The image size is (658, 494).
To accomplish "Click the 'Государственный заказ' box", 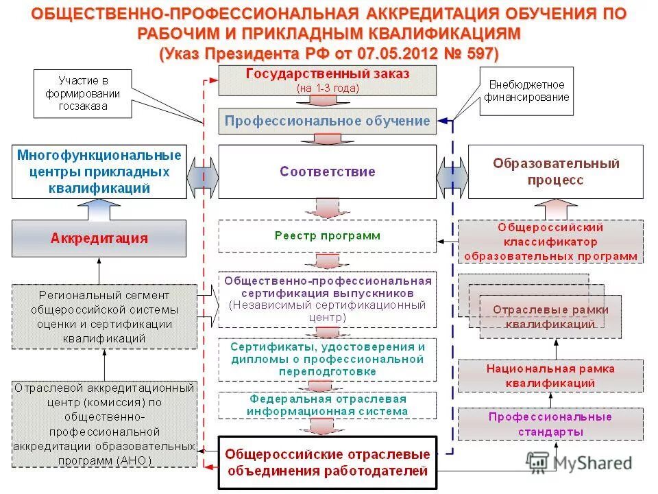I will point(327,80).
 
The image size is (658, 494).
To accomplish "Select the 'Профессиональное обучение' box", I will point(327,121).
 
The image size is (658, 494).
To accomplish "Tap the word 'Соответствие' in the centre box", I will point(327,172).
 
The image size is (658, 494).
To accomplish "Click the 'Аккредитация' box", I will point(99,238).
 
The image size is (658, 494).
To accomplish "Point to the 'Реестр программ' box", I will point(327,236).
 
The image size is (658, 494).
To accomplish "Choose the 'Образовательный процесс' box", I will point(555,172).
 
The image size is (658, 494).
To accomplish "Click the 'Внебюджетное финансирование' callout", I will point(526,91).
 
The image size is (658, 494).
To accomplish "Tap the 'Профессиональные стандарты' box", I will point(550,424).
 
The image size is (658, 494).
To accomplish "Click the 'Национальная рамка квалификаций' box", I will point(550,375).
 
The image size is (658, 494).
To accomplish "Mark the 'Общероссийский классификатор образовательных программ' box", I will point(550,241).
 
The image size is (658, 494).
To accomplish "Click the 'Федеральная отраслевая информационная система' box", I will point(327,405).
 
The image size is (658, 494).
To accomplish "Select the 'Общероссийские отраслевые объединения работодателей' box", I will point(327,462).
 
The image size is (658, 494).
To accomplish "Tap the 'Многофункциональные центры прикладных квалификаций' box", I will point(99,172).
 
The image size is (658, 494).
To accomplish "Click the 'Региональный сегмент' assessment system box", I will point(103,315).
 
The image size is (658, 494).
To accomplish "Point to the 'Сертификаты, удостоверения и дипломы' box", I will point(327,360).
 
